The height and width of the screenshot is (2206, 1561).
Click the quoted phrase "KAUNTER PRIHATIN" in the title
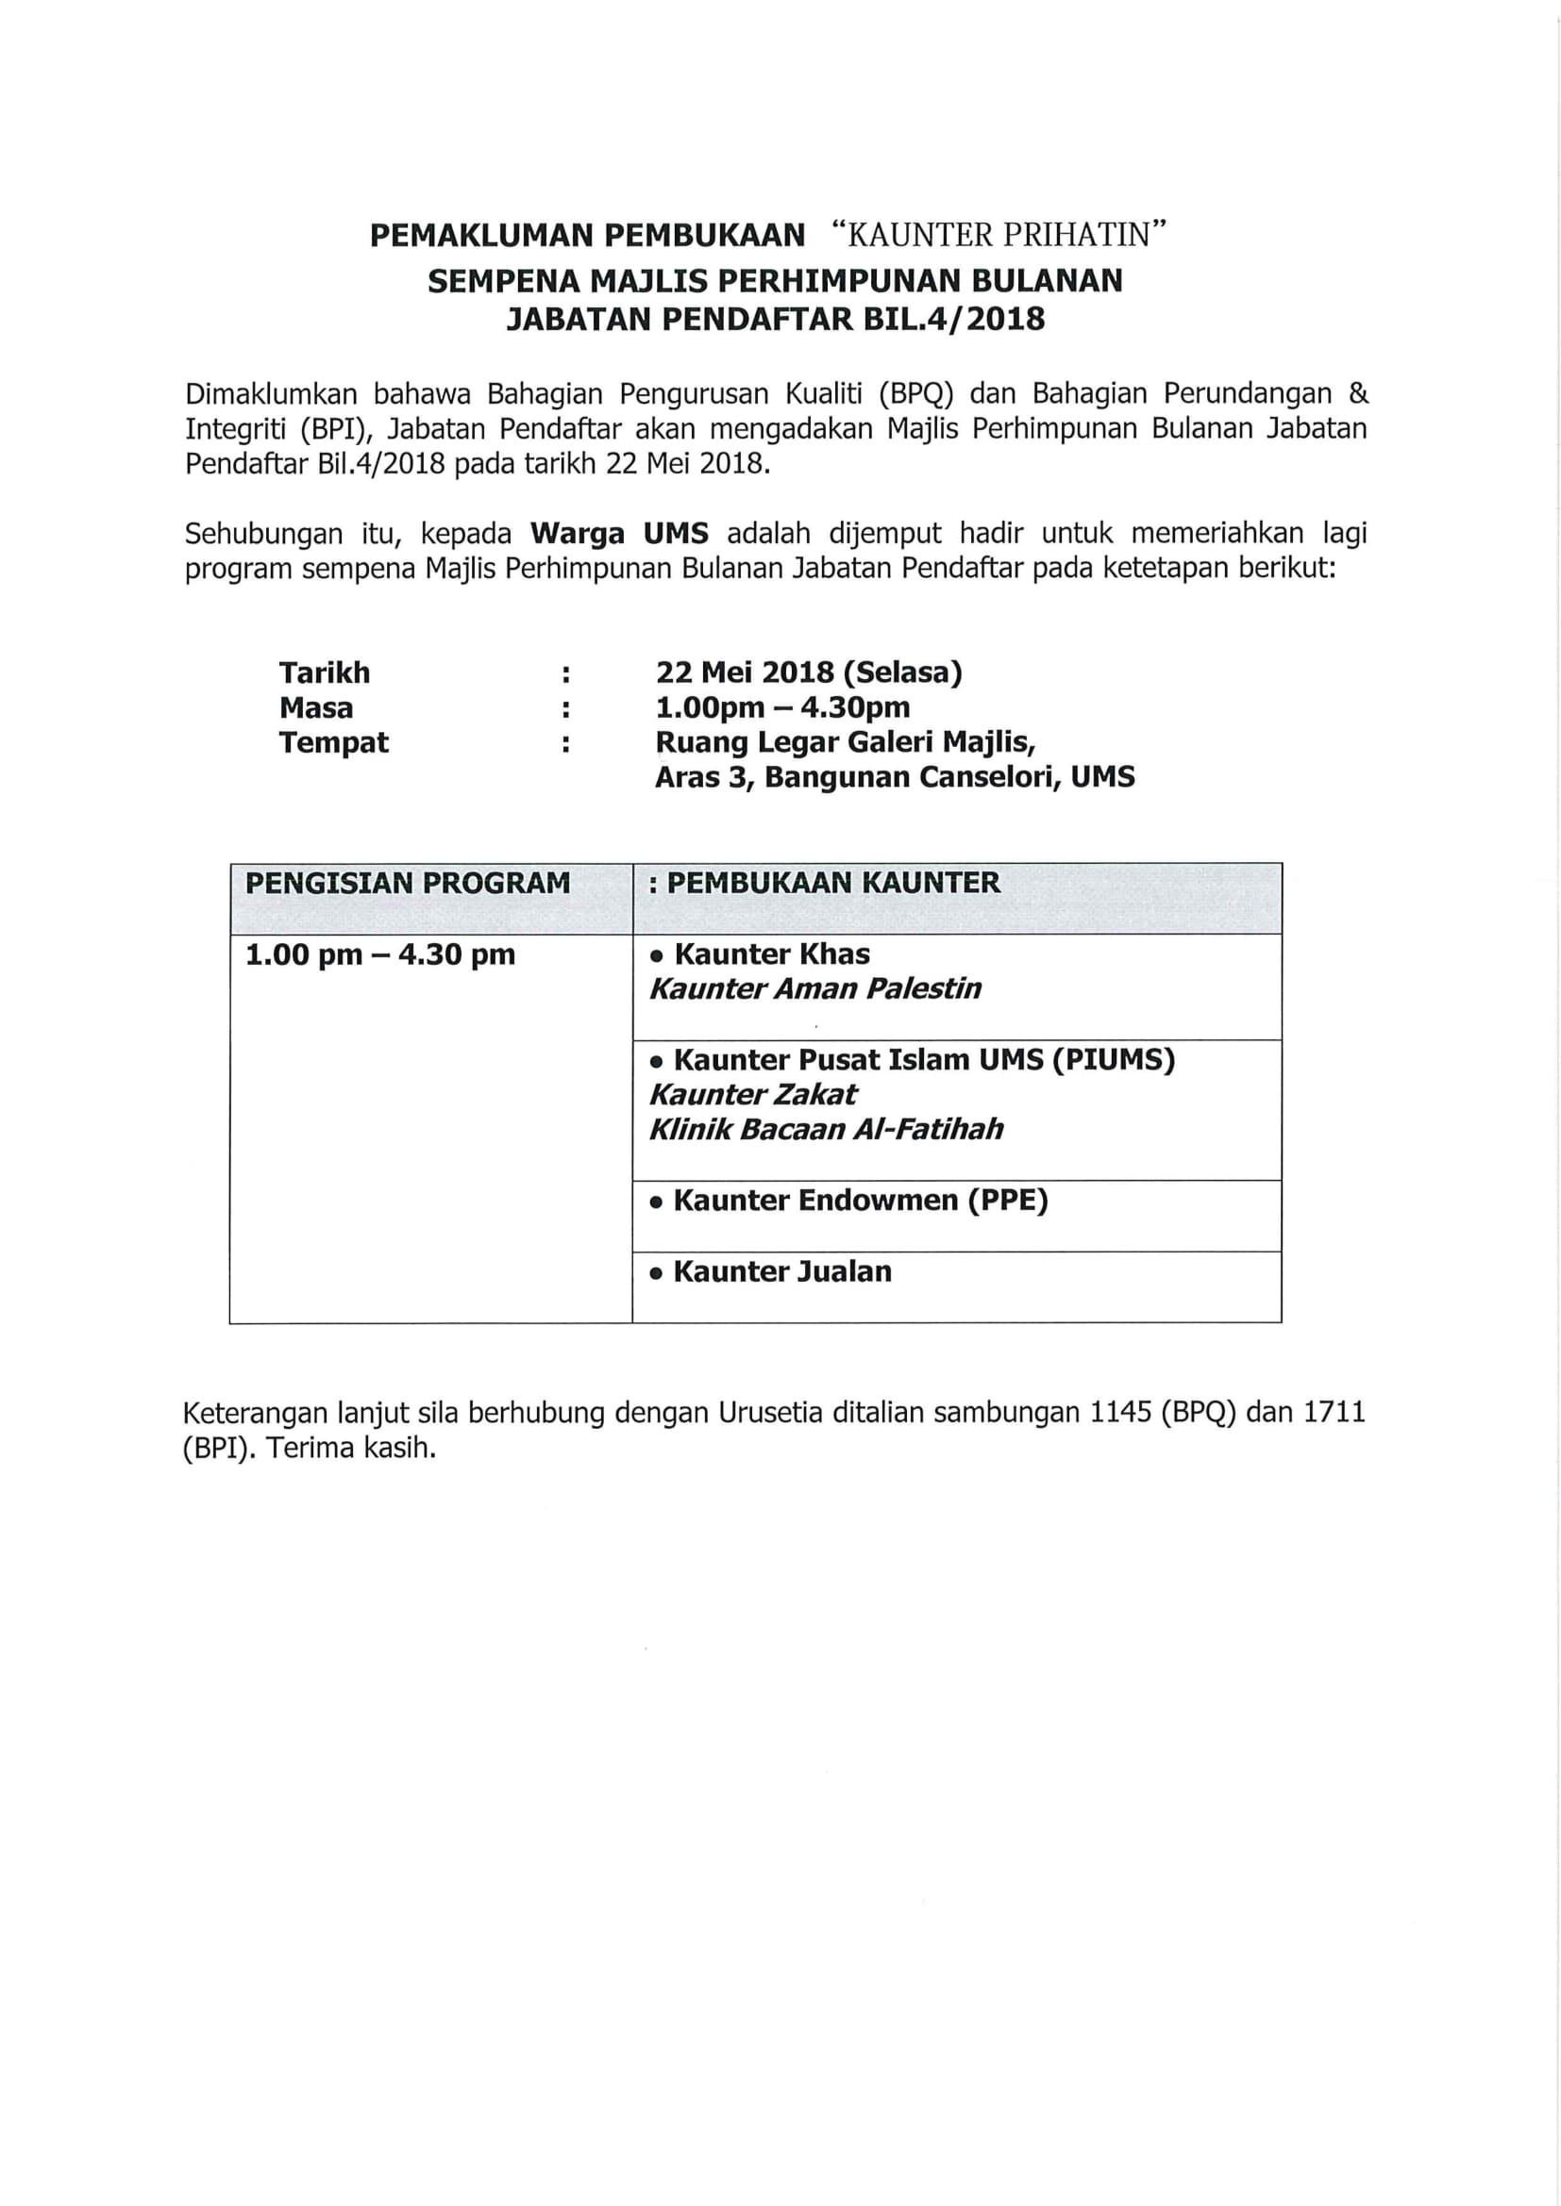[999, 236]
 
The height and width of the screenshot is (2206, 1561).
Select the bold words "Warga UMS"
[620, 533]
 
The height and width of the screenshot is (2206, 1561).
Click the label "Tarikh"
[324, 672]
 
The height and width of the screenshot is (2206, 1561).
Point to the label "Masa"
[316, 708]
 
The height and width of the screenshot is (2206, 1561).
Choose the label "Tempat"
[333, 742]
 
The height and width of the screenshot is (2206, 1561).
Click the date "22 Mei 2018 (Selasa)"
[809, 672]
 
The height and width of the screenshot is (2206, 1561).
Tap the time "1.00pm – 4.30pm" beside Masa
[782, 708]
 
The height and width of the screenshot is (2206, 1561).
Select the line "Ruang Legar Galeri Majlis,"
[845, 742]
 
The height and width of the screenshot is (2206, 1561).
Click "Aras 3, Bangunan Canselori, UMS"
[894, 777]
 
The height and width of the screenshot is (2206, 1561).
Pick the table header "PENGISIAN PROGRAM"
[408, 883]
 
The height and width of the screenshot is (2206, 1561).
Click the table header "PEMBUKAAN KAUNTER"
[833, 883]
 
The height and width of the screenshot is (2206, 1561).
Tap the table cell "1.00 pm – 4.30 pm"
[380, 955]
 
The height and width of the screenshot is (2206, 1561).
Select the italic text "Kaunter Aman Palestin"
[815, 989]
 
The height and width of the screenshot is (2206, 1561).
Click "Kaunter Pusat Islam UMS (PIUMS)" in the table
[924, 1061]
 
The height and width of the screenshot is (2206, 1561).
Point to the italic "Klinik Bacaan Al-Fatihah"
[826, 1130]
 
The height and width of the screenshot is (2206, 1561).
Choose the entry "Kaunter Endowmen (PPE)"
[861, 1201]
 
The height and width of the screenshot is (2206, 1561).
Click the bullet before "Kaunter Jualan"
[657, 1274]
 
